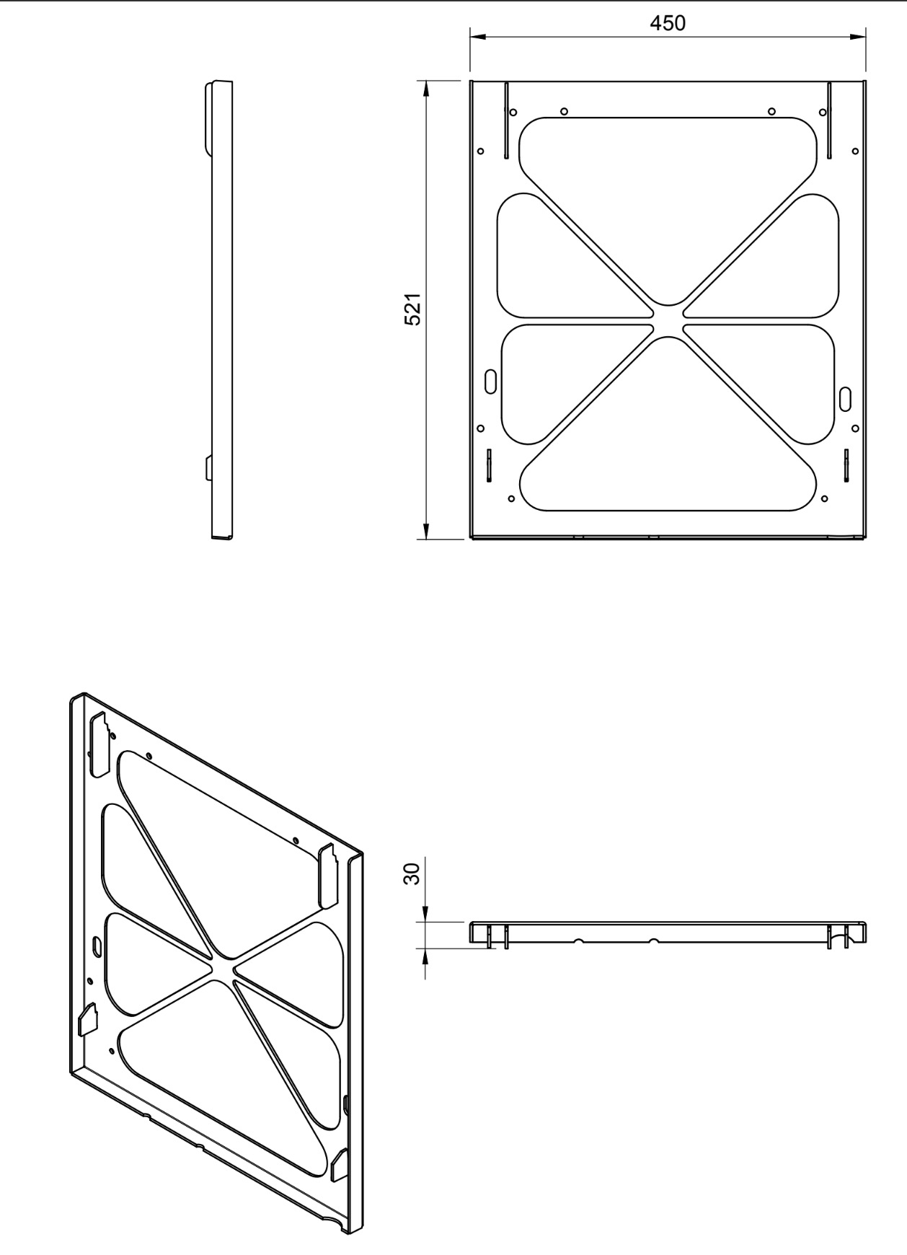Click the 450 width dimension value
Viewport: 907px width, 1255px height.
[x=668, y=24]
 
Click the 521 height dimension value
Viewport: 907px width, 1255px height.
[x=412, y=310]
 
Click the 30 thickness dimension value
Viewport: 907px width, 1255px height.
[x=412, y=874]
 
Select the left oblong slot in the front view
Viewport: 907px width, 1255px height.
[x=491, y=380]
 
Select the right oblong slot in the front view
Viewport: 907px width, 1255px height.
[x=846, y=397]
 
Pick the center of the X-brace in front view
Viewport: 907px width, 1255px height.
[x=668, y=321]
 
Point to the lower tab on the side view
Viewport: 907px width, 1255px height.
[x=208, y=469]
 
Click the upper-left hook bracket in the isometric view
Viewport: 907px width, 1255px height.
[x=99, y=744]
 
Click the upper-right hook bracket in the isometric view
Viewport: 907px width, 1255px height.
[x=328, y=874]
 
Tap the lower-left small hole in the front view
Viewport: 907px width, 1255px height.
[x=511, y=498]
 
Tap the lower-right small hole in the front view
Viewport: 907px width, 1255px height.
[x=824, y=497]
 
